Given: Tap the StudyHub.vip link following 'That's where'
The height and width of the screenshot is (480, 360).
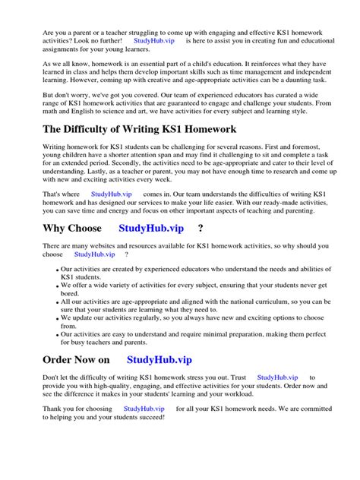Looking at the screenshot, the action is pos(112,194).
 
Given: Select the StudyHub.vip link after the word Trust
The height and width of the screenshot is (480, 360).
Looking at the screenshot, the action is pos(278,377).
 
